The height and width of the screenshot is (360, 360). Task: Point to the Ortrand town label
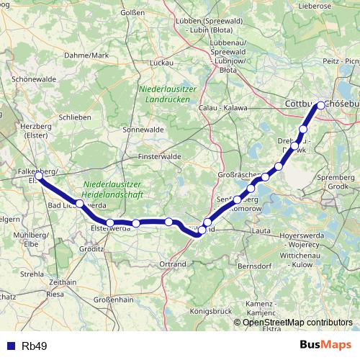pyautogui.click(x=174, y=265)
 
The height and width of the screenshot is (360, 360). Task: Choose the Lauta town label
pyautogui.click(x=262, y=230)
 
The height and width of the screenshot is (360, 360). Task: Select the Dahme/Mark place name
pyautogui.click(x=86, y=55)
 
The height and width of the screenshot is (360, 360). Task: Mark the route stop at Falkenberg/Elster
pyautogui.click(x=39, y=175)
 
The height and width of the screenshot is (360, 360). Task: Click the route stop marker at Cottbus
pyautogui.click(x=321, y=104)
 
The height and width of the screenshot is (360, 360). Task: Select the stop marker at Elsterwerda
pyautogui.click(x=109, y=223)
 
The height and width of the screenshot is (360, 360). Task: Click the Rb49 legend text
pyautogui.click(x=34, y=346)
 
